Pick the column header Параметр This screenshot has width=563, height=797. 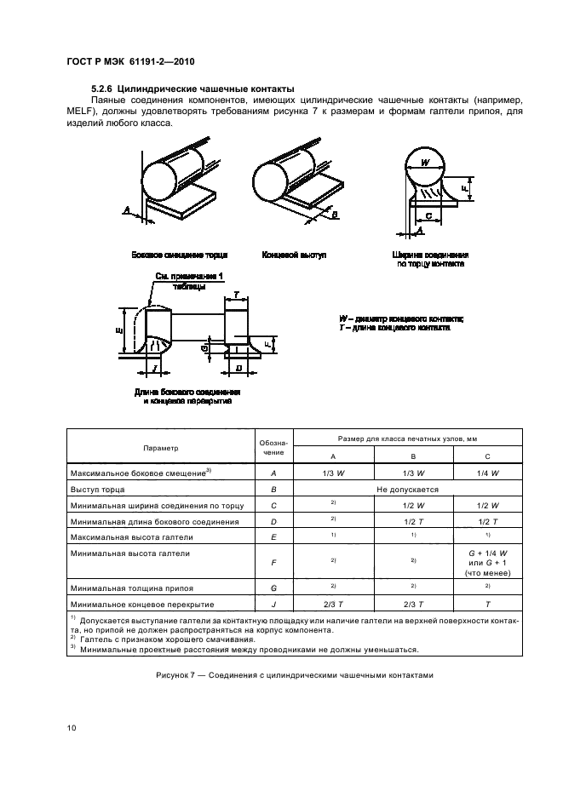pyautogui.click(x=161, y=448)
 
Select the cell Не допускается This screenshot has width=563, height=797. pyautogui.click(x=412, y=490)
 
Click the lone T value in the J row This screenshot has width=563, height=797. pyautogui.click(x=488, y=605)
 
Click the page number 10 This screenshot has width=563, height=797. pyautogui.click(x=71, y=727)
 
